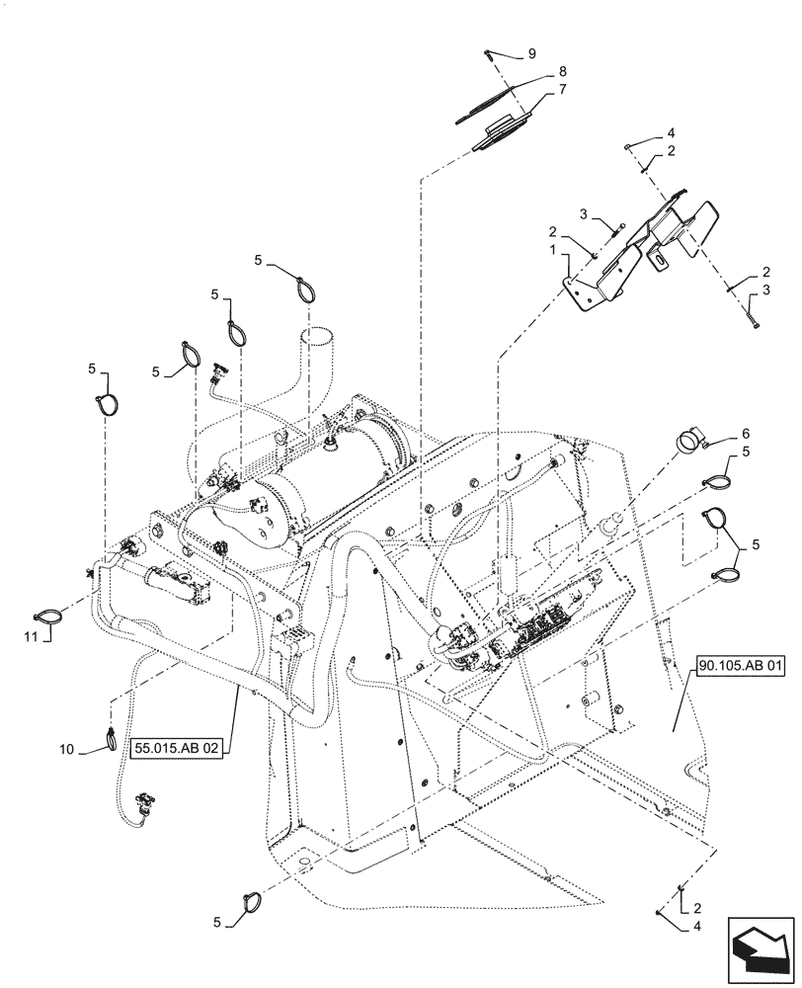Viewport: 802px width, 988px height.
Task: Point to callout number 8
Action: pyautogui.click(x=562, y=71)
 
